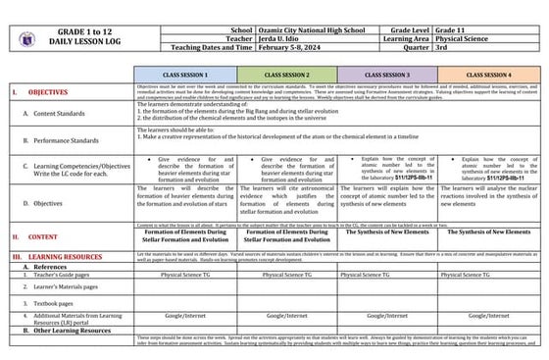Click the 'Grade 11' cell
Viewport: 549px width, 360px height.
475,30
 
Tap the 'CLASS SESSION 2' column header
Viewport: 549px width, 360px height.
287,75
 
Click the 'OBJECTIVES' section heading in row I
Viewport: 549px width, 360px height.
48,91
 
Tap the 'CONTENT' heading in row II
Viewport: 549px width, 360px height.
43,236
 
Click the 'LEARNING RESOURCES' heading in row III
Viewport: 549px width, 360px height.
69,255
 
